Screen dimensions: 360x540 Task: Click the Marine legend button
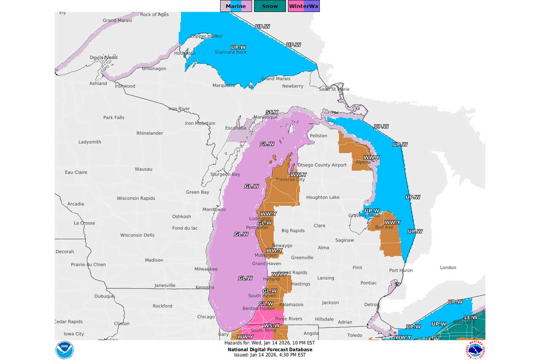point(236,6)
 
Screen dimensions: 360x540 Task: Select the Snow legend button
point(270,6)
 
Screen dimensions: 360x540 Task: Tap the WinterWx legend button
point(304,6)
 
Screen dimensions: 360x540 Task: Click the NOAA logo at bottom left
point(65,350)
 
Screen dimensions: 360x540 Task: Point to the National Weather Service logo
point(475,350)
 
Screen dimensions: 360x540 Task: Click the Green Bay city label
point(197,192)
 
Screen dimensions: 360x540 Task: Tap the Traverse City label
point(290,180)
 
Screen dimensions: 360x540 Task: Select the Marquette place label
point(224,86)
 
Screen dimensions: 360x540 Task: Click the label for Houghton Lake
point(323,197)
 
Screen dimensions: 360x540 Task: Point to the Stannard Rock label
point(230,52)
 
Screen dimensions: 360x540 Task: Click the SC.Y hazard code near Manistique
point(272,112)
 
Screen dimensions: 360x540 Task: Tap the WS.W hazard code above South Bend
point(272,325)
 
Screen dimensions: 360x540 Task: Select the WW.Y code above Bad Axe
point(392,222)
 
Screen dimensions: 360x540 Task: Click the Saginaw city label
point(345,240)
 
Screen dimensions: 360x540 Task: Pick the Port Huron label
point(401,270)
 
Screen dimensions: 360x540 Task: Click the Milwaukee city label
point(206,269)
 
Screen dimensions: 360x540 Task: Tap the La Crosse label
point(84,223)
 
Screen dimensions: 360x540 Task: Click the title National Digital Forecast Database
point(270,349)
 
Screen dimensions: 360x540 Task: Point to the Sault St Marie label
point(334,89)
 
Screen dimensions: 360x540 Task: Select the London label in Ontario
point(448,268)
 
